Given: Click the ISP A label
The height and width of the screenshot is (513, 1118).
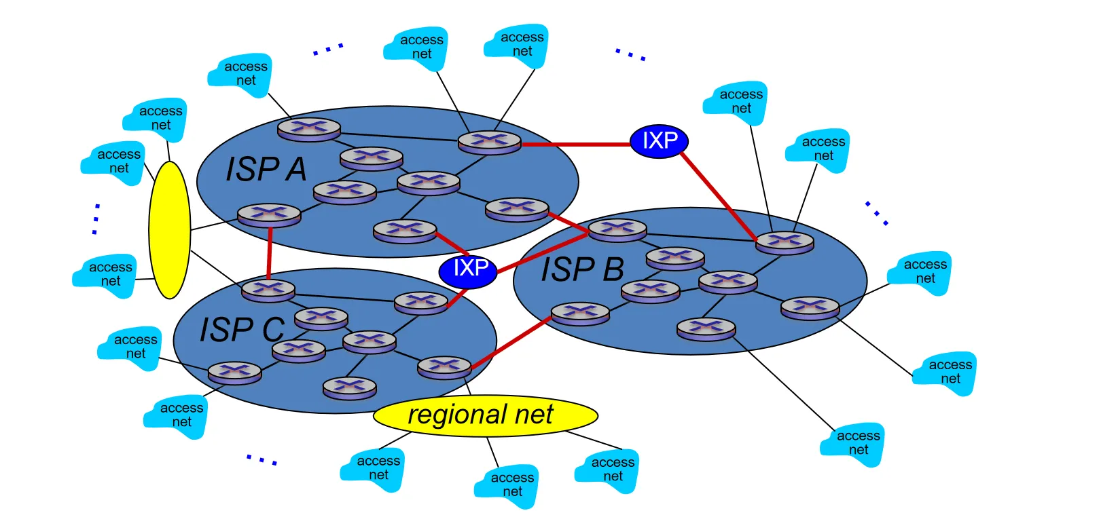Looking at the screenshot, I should (x=266, y=170).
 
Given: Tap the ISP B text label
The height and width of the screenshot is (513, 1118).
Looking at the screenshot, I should (x=582, y=269).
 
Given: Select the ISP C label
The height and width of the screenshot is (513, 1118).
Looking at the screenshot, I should (x=242, y=330).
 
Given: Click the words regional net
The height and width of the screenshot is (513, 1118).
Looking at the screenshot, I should (x=480, y=415).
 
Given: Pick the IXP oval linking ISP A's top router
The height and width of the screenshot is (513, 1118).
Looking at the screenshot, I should (x=659, y=141).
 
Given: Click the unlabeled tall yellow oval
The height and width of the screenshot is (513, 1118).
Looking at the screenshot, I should (x=169, y=229).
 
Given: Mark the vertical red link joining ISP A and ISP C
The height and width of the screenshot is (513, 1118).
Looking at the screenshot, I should (x=270, y=252).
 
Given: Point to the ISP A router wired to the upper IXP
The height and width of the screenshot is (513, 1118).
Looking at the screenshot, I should (x=489, y=142).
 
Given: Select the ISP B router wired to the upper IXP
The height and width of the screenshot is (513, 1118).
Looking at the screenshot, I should (x=785, y=242).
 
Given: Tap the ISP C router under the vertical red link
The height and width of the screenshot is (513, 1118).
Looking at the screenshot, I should (x=268, y=290).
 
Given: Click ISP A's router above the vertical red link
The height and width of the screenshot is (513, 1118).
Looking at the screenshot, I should (x=269, y=214).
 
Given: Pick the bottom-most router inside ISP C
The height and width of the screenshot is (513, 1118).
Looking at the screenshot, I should (x=349, y=387).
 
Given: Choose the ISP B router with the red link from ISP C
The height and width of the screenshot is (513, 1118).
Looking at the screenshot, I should (x=580, y=313).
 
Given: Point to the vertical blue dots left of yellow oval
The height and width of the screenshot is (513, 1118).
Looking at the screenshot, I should (x=96, y=219).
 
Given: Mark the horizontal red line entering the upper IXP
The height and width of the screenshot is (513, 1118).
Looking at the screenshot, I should (x=576, y=145).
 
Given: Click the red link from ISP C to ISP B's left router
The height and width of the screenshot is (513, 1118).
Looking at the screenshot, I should (x=511, y=343).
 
